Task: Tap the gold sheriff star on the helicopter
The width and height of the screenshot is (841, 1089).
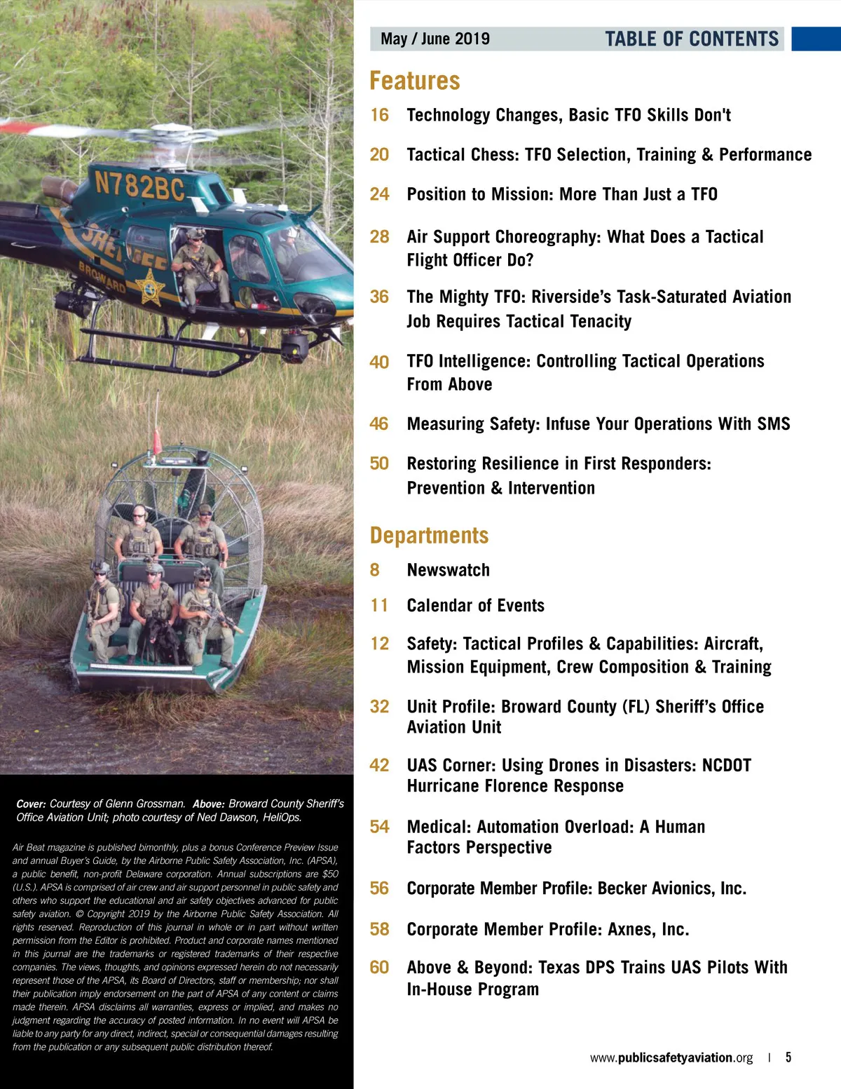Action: pos(149,287)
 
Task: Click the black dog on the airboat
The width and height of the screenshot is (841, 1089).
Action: pos(161,635)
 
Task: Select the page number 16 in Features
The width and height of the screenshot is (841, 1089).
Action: pos(379,115)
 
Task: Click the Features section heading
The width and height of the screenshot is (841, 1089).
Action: pos(415,81)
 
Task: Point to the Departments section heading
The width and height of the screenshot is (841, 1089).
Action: pos(429,536)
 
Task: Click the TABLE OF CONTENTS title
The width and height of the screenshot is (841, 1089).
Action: pos(692,39)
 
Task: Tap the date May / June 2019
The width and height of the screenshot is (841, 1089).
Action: pos(435,39)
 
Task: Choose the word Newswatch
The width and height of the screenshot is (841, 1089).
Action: pos(448,570)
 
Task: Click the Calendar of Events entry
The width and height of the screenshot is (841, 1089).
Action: pos(475,605)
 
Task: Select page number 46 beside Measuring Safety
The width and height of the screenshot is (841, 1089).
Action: pos(379,424)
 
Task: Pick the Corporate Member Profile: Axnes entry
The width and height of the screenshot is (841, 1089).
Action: pos(547,929)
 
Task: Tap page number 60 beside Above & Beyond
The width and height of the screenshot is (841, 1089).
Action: pos(379,967)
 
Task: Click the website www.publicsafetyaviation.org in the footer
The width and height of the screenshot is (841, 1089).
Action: pos(671,1057)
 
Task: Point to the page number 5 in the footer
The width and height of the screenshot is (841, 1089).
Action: pos(788,1057)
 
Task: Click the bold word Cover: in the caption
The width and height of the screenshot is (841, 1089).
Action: pos(31,804)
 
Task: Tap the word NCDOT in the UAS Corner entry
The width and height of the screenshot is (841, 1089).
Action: pos(726,765)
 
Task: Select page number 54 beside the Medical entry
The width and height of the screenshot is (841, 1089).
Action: pos(379,827)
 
